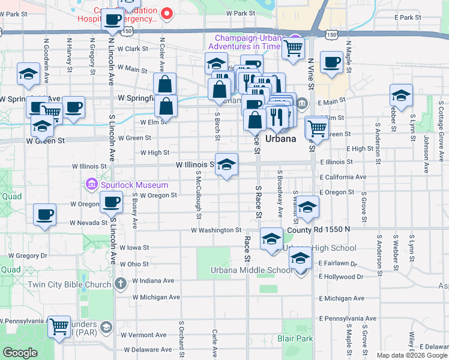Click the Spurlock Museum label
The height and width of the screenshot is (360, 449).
click(x=127, y=182)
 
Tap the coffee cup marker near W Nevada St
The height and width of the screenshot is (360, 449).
click(x=44, y=215)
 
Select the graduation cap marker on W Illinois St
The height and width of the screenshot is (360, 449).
click(x=226, y=165)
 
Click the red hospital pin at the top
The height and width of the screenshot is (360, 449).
click(x=167, y=11)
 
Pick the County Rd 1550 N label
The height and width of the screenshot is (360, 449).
click(x=318, y=230)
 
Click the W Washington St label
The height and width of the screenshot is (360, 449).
click(x=216, y=230)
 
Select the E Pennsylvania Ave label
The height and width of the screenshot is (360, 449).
click(x=348, y=318)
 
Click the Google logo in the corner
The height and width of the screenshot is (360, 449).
click(x=20, y=353)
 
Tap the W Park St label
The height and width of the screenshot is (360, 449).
click(x=241, y=13)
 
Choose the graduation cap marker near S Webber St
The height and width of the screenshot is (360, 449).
click(x=401, y=95)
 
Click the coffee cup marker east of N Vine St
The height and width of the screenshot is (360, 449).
click(x=331, y=62)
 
